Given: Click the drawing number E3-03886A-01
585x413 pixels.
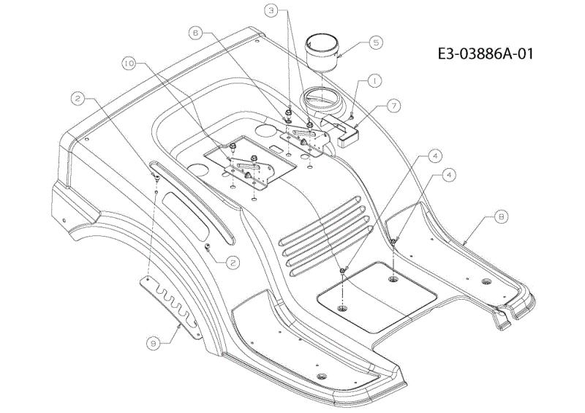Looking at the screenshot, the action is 486,53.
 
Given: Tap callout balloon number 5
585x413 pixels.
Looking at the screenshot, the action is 376,42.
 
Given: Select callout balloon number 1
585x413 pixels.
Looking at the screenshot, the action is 374,80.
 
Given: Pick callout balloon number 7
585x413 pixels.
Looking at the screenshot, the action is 393,106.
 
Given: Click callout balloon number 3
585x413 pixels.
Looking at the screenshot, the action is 271,11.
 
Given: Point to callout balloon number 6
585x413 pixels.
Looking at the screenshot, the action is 196,33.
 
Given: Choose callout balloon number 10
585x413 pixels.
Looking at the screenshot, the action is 129,64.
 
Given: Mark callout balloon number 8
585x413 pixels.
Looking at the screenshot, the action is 501,217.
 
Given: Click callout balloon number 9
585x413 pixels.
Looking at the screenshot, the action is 153,343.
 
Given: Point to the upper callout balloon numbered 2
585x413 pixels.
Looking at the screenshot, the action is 78,99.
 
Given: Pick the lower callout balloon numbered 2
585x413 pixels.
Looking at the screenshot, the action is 233,262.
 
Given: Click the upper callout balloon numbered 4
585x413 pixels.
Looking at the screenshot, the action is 434,156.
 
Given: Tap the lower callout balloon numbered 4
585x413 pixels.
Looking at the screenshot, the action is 449,175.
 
